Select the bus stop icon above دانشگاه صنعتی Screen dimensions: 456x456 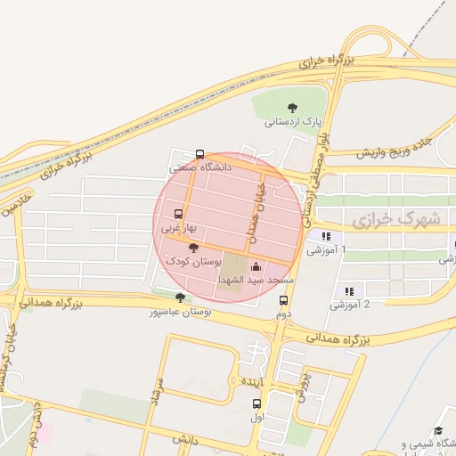199,153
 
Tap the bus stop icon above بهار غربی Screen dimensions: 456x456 178,215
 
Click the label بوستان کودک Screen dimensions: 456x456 189,261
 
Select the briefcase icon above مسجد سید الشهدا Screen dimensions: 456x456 256,266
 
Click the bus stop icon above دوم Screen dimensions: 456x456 284,301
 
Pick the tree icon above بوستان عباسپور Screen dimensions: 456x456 181,298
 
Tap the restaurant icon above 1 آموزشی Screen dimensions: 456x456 326,237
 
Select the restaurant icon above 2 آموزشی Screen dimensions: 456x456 349,290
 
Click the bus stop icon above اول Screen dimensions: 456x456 257,403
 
